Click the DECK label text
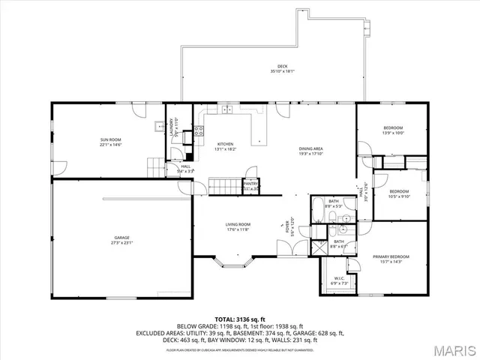tap(282, 66)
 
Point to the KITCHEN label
tap(225, 144)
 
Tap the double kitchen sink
tap(226, 110)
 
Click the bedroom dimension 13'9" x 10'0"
tap(393, 133)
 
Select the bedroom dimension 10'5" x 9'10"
tap(398, 197)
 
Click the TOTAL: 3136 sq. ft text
tap(240, 319)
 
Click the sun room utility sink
tap(159, 127)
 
